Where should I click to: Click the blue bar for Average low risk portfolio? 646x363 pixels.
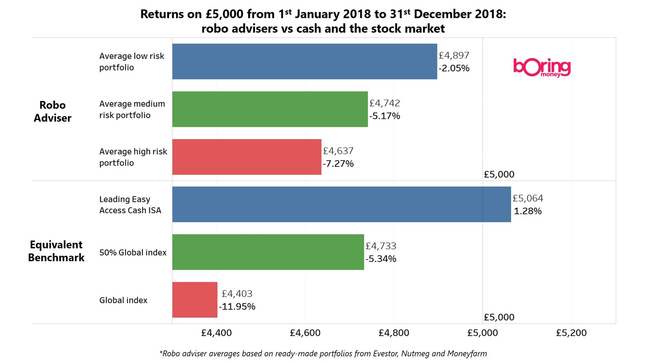[x=305, y=62]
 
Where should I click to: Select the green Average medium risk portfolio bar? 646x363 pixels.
[x=270, y=109]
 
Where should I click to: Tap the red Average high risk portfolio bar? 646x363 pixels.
[x=247, y=157]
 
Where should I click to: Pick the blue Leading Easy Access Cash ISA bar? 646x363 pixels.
[x=342, y=204]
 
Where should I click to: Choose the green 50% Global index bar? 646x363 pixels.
[x=268, y=252]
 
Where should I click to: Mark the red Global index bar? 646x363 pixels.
[x=195, y=300]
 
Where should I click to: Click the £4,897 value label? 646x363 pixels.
[x=454, y=56]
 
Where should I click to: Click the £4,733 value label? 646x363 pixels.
[x=381, y=246]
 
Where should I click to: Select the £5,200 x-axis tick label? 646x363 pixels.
[x=571, y=333]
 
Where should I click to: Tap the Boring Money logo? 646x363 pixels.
[x=542, y=68]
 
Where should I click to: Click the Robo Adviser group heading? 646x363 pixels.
[x=53, y=112]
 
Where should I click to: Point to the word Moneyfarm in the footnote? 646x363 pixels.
[x=467, y=353]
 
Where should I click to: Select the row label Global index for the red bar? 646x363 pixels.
[x=123, y=300]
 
